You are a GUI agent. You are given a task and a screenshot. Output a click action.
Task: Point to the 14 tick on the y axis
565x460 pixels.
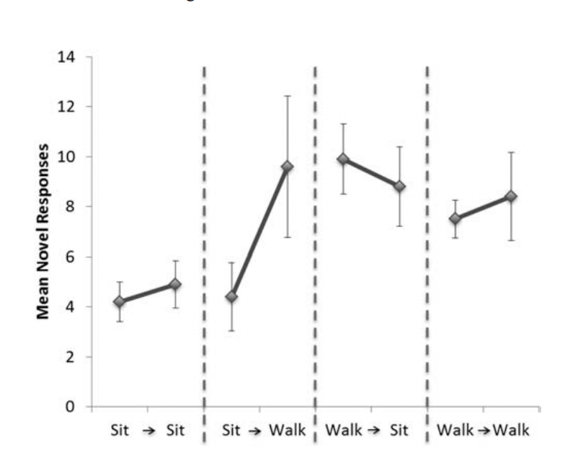tap(72, 57)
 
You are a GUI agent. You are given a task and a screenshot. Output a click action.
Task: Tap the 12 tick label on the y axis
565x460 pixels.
tap(72, 107)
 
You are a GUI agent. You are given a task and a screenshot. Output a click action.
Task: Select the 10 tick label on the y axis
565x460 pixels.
tap(72, 157)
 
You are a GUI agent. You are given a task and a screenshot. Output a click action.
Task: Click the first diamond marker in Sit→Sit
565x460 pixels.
tap(120, 302)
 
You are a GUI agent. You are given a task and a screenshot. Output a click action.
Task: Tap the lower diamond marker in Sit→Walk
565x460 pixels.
tap(231, 297)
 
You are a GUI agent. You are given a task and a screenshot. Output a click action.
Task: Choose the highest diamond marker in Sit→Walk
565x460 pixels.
tap(288, 167)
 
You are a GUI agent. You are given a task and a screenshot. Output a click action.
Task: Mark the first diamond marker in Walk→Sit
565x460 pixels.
tap(343, 159)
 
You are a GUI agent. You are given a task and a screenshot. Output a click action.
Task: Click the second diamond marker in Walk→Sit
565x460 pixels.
tap(399, 187)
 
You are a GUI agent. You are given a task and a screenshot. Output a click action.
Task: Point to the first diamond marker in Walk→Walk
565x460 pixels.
tap(455, 218)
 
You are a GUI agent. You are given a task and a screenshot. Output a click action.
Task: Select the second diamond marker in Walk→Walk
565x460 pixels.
tap(511, 196)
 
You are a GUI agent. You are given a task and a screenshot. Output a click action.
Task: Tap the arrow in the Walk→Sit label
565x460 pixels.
tap(373, 431)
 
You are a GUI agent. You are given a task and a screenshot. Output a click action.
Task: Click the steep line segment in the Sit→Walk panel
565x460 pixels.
tap(259, 231)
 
